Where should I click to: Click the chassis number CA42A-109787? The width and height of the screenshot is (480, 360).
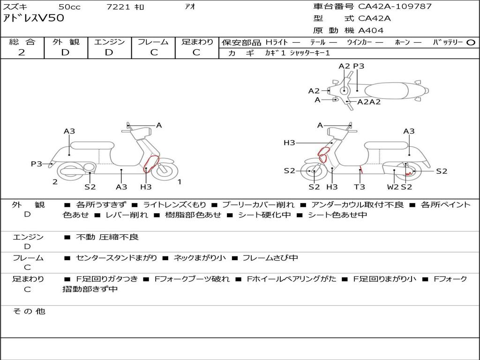click(395, 7)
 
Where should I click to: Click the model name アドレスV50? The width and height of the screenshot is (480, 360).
click(33, 18)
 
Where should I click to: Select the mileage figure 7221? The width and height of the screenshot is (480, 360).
click(118, 7)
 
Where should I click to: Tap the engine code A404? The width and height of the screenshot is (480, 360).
click(371, 30)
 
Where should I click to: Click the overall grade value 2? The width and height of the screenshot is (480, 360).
click(22, 52)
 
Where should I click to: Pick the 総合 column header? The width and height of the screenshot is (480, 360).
click(22, 42)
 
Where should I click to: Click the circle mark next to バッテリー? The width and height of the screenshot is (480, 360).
click(471, 43)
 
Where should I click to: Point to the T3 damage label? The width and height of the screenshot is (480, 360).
click(360, 187)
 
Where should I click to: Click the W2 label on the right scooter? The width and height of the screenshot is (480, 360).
click(393, 187)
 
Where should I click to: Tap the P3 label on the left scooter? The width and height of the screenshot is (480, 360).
click(37, 164)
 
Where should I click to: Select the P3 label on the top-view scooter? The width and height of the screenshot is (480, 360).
click(359, 66)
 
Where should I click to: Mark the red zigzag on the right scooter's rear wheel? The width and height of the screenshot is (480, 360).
click(409, 173)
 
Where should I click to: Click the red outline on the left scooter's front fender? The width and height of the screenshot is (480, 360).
click(151, 164)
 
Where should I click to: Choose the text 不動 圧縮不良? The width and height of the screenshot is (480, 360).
click(107, 237)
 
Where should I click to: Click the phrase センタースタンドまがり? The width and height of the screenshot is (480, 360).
click(116, 258)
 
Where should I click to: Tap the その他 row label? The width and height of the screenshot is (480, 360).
click(29, 311)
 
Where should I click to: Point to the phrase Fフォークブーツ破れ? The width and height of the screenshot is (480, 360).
click(192, 279)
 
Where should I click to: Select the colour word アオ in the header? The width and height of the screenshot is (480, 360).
click(190, 7)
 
